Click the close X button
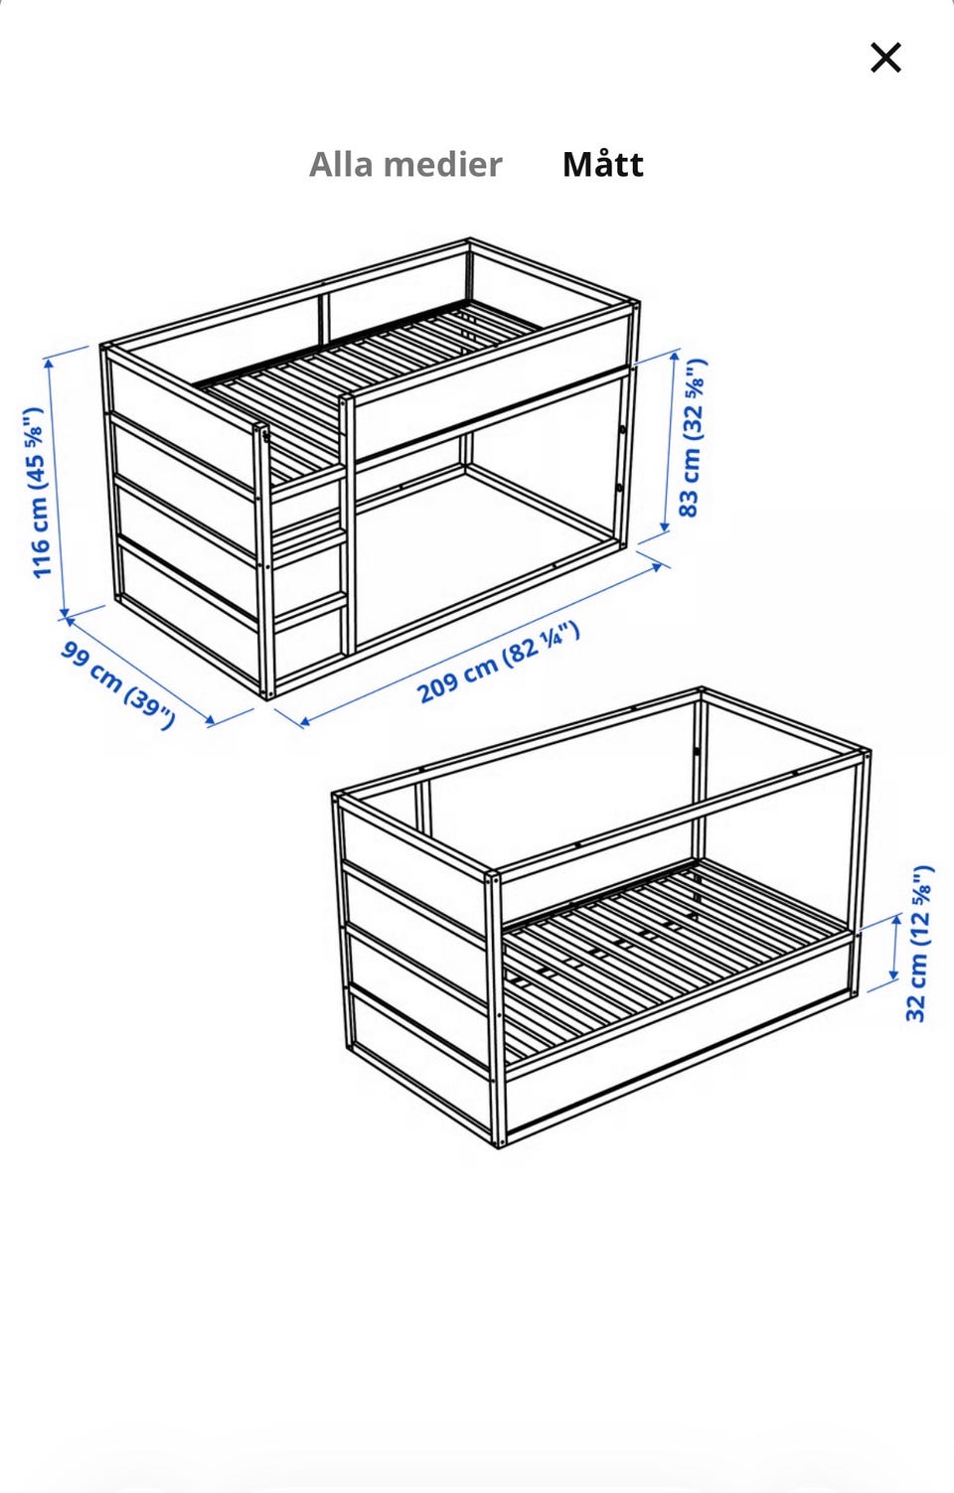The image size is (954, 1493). tap(886, 58)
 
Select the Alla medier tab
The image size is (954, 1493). tap(405, 164)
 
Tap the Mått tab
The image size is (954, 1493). tap(602, 164)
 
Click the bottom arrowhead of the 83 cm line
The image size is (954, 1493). tap(665, 526)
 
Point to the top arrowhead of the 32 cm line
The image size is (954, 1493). tap(896, 921)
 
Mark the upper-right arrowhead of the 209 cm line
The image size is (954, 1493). tap(657, 566)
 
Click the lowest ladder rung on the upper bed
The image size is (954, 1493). tap(311, 612)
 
